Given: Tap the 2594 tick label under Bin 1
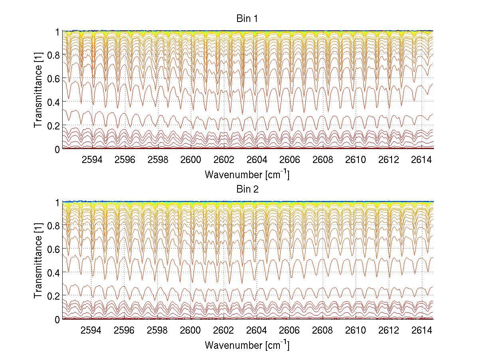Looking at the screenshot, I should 92,159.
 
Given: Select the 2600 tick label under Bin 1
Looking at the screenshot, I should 191,159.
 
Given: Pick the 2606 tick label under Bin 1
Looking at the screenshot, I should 290,159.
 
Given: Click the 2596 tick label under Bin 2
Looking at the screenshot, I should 125,330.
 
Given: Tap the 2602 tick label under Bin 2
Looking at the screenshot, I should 224,330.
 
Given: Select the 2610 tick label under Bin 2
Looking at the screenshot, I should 356,330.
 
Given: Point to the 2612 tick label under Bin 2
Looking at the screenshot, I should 389,330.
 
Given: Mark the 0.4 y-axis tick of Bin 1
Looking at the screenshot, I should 54,102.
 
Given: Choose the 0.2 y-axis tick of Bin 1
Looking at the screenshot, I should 54,125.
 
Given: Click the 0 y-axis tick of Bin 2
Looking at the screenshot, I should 57,319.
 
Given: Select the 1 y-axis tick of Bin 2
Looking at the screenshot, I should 57,202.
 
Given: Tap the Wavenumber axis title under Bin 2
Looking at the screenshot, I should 247,345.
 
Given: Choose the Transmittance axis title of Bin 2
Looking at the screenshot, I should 38,261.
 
